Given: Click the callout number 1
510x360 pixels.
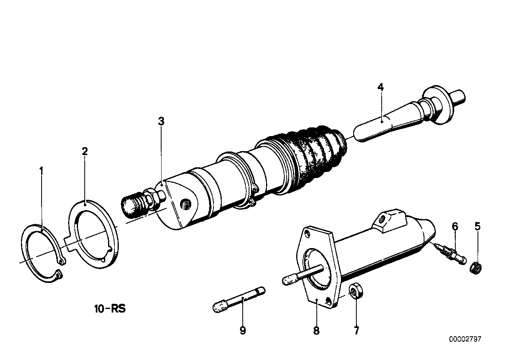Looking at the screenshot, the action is click(x=41, y=171).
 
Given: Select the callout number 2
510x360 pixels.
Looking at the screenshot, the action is click(x=85, y=152).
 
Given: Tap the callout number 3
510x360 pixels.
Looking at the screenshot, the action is click(x=161, y=121).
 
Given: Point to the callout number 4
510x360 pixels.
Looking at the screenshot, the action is click(x=381, y=87).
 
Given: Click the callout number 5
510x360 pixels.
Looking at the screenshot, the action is click(x=478, y=226).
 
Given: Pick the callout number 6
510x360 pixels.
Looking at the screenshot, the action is click(x=455, y=226).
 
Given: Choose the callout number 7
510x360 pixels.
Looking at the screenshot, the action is click(x=356, y=331).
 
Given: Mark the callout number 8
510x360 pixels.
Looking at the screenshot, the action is click(x=316, y=331).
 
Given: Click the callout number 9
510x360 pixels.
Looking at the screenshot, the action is click(x=243, y=331).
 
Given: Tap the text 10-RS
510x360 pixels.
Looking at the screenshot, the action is click(x=110, y=309).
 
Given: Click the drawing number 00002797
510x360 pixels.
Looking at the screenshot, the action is click(x=465, y=339).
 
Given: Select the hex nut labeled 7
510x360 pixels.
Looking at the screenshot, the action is click(x=356, y=292).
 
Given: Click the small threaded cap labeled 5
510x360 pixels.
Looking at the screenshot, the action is click(x=476, y=268).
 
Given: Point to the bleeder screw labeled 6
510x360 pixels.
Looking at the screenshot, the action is click(x=450, y=255).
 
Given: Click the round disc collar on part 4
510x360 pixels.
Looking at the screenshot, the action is click(x=438, y=105).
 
